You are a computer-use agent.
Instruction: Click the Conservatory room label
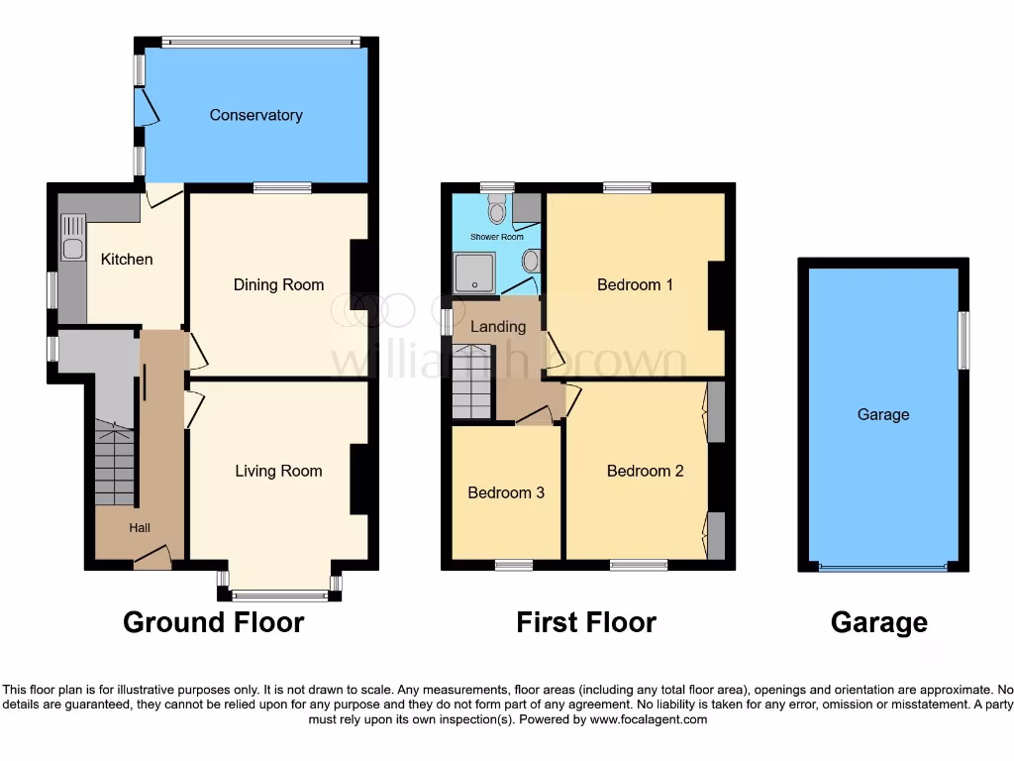tap(255, 115)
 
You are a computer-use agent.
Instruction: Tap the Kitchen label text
tap(127, 259)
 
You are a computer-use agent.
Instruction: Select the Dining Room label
tap(278, 284)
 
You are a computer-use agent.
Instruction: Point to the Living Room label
tap(278, 471)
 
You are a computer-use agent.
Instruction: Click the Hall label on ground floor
tap(140, 528)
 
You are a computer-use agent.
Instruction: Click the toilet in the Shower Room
tap(497, 210)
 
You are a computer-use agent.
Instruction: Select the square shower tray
tap(474, 272)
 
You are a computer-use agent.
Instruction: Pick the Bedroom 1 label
tap(635, 284)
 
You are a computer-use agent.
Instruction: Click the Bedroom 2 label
tap(645, 471)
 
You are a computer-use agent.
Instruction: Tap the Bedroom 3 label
tap(506, 492)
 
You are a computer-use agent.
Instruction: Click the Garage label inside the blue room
tap(882, 415)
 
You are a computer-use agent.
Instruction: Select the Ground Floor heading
tap(213, 622)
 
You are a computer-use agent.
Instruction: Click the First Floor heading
tap(585, 622)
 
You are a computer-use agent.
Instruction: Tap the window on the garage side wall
tap(963, 340)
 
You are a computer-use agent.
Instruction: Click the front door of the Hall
tap(152, 562)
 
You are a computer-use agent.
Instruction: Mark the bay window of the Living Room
tap(279, 595)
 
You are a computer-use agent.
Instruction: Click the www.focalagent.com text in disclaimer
tap(648, 719)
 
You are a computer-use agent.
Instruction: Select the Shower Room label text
tap(496, 237)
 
